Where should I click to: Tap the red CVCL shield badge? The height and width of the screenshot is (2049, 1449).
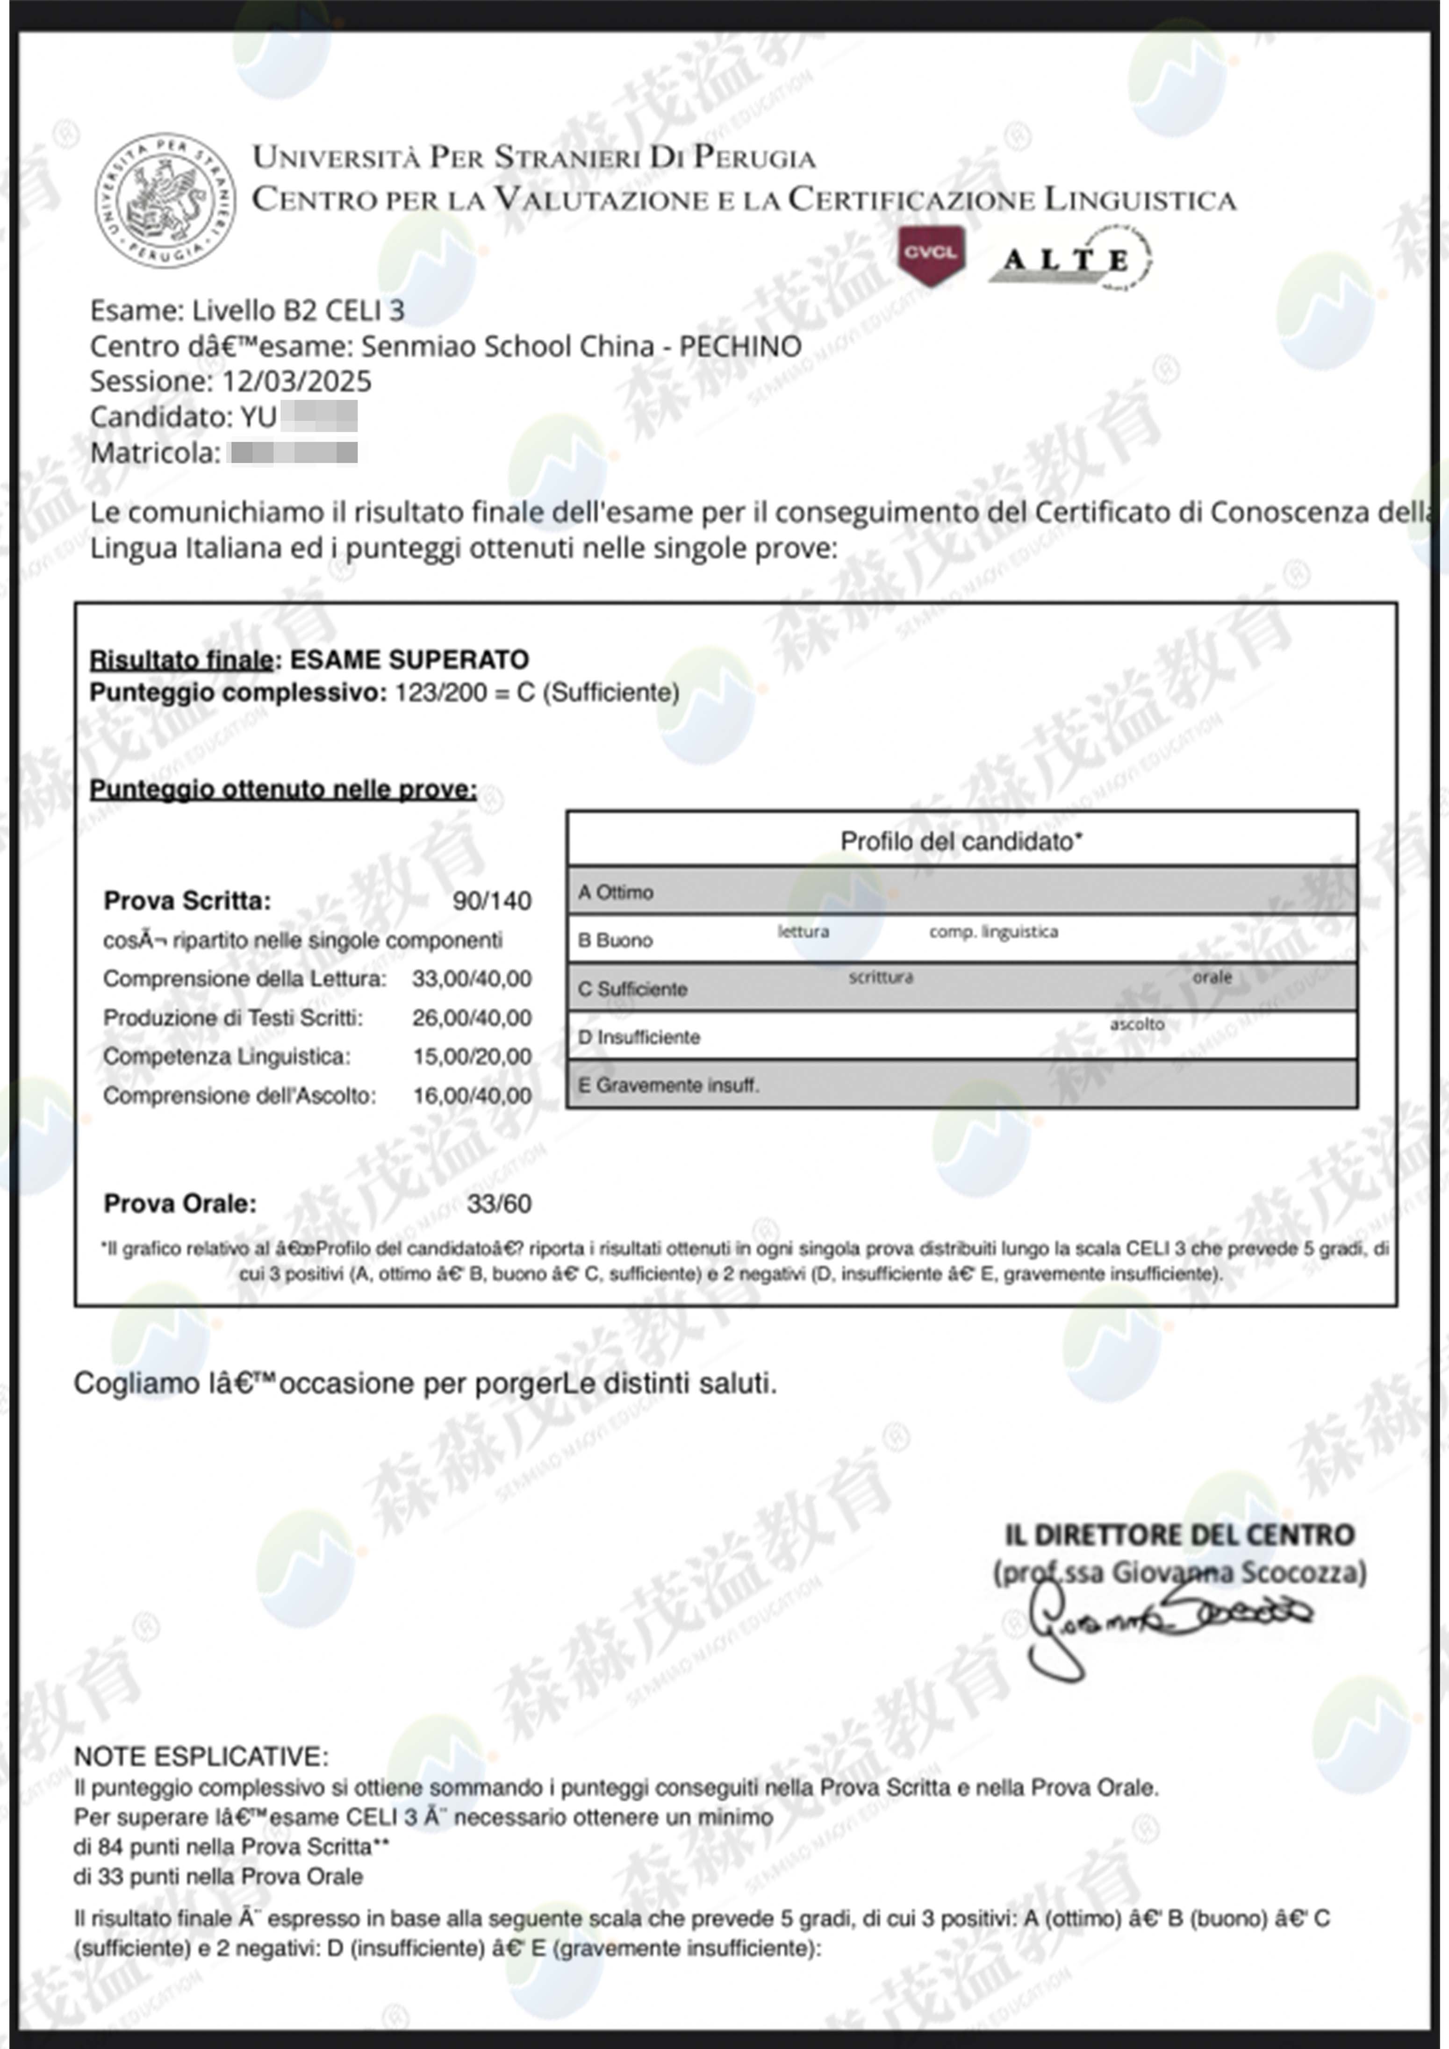pos(930,254)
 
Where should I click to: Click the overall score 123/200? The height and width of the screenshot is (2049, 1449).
pos(441,693)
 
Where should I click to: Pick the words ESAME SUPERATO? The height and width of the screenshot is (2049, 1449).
pos(410,659)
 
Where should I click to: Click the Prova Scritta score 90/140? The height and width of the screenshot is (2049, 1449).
pos(492,900)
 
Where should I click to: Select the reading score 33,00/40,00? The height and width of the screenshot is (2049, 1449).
pos(472,979)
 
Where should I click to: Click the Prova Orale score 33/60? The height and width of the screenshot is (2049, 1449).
pos(499,1204)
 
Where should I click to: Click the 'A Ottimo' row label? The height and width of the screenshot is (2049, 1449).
pos(616,892)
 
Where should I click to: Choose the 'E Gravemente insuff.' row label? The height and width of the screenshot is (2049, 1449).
pos(668,1085)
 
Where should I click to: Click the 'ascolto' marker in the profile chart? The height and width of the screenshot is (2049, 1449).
pos(1136,1024)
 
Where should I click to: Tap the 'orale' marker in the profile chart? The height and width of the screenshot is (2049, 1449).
pos(1212,977)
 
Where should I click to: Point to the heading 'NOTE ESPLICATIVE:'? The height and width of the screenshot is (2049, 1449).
pos(201,1756)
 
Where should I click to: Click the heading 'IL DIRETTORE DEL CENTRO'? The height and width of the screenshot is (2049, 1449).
pos(1179,1535)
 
